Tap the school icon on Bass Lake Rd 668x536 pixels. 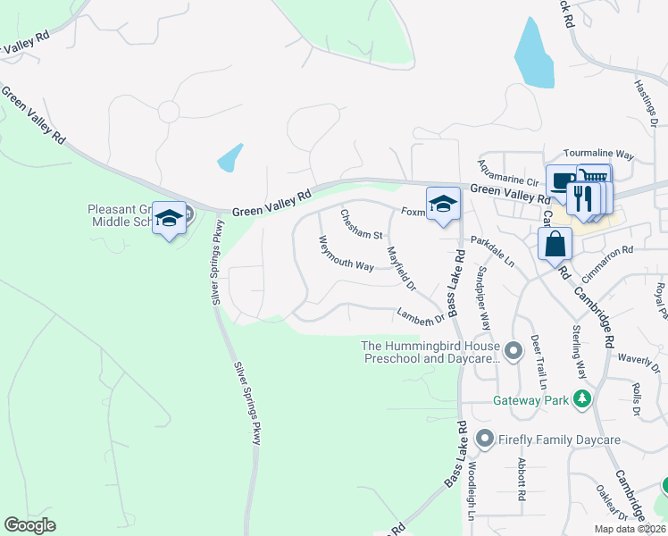point(442,205)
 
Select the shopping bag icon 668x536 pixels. point(555,243)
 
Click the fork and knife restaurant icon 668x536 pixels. point(583,199)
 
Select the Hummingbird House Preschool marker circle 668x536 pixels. point(513,351)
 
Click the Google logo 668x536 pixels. point(29,525)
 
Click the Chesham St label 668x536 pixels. point(361,224)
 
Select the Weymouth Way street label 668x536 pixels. point(347,253)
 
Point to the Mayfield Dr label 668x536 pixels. point(401,269)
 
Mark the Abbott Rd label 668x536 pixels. point(521,479)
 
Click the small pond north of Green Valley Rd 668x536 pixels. point(230,158)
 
